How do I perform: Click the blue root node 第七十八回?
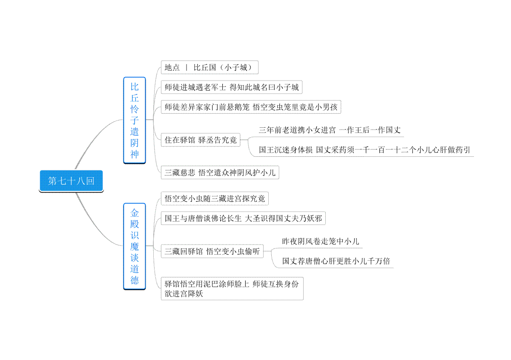[71, 181]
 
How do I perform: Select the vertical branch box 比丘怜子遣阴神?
[135, 120]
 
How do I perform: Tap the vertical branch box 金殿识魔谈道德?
[135, 246]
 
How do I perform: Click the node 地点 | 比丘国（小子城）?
[210, 67]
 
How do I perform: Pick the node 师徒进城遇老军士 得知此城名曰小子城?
[232, 87]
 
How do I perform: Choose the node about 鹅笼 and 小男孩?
[251, 107]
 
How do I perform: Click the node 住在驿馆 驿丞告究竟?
[201, 140]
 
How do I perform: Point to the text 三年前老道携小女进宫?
[297, 130]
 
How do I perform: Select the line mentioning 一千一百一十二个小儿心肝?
[365, 150]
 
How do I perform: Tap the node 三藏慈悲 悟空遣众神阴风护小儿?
[220, 173]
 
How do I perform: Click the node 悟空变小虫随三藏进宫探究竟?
[215, 199]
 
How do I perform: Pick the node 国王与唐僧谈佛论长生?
[243, 218]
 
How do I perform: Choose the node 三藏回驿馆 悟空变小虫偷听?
[212, 251]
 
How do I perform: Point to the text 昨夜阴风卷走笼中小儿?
[321, 241]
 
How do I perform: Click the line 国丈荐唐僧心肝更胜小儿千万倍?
[336, 261]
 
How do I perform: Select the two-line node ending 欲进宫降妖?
[232, 288]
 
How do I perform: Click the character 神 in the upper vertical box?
[135, 154]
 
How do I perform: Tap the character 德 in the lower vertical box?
[135, 280]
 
